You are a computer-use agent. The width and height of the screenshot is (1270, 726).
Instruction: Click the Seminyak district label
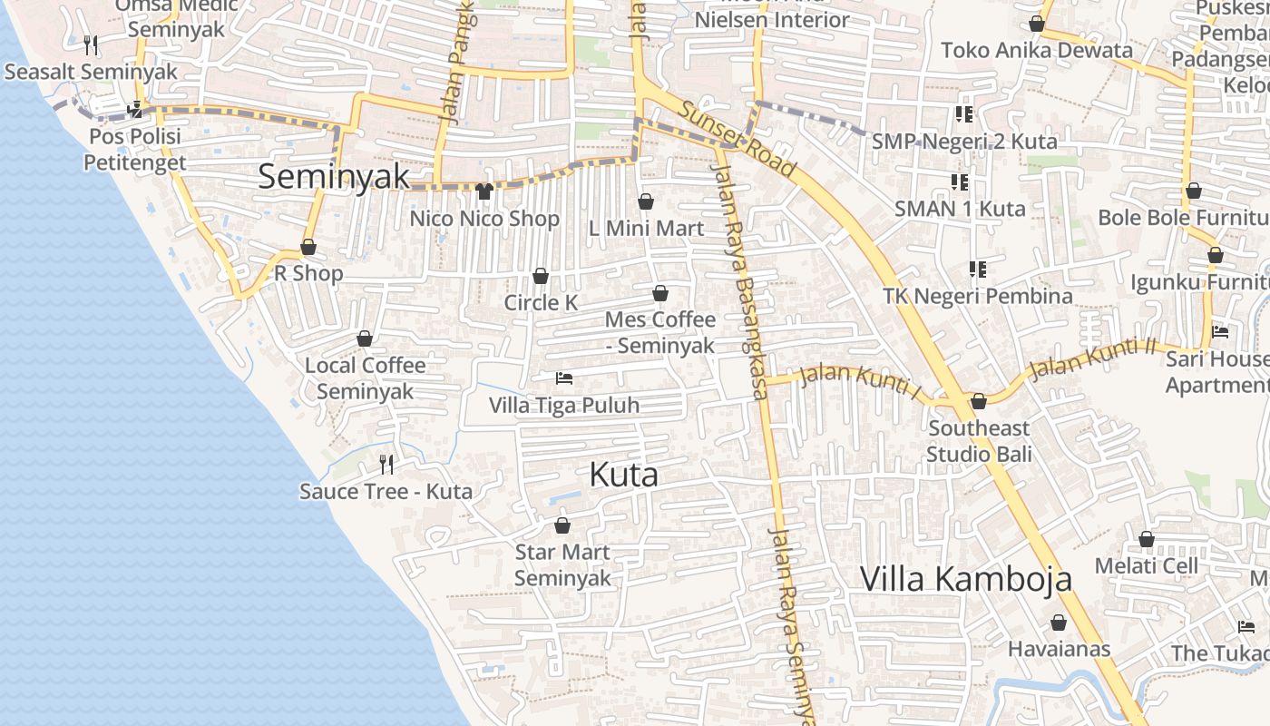(334, 176)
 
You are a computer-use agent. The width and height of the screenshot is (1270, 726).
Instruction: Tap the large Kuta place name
(623, 475)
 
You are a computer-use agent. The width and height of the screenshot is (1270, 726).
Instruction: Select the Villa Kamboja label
(965, 579)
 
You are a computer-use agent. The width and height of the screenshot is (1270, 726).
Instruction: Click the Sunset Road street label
(738, 139)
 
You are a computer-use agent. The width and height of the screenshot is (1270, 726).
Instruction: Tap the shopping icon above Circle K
(541, 276)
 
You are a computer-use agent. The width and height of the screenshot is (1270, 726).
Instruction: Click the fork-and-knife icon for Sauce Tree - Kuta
(386, 465)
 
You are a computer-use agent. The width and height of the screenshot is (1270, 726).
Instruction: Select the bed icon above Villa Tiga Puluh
(564, 378)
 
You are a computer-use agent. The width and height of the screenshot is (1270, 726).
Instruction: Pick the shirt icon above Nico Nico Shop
(484, 191)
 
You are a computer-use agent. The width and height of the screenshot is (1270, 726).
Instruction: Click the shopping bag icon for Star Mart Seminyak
(562, 525)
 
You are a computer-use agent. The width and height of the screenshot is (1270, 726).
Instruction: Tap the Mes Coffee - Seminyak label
(659, 332)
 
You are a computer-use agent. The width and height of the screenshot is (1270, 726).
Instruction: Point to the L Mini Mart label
(646, 229)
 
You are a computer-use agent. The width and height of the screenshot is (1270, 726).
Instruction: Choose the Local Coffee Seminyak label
(365, 378)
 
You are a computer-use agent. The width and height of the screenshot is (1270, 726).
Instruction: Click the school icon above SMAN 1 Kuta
(960, 182)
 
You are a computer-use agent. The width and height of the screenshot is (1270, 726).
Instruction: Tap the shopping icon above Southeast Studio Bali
(979, 401)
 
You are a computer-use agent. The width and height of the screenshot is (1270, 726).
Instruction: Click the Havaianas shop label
(1059, 649)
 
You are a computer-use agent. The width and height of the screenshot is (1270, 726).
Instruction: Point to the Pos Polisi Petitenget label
(135, 150)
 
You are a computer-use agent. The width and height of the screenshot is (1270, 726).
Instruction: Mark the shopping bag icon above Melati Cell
(1147, 540)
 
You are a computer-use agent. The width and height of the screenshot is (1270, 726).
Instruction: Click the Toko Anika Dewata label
(1037, 50)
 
